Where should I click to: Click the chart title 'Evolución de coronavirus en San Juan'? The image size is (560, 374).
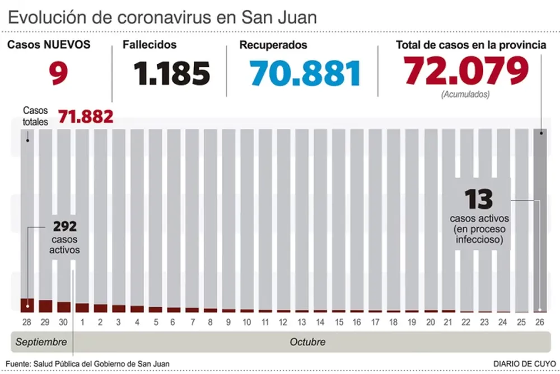tap(162, 17)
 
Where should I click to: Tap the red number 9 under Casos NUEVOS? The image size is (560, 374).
tap(58, 73)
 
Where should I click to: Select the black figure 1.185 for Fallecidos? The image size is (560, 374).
tap(172, 73)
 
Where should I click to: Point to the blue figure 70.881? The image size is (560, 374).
tap(305, 73)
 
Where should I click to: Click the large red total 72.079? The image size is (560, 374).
tap(466, 71)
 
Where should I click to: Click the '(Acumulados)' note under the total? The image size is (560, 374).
tap(465, 95)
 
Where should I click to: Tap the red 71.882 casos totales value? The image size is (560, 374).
tap(86, 116)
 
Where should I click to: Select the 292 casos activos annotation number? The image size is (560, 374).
tap(64, 227)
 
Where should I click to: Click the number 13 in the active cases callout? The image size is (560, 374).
tap(478, 199)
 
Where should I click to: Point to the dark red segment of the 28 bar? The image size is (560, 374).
tap(27, 305)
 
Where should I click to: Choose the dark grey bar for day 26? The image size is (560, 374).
tap(540, 218)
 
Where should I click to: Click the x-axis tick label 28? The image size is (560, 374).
tap(27, 322)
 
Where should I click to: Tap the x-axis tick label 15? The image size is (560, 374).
tap(338, 322)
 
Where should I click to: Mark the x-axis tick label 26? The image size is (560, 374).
tap(540, 322)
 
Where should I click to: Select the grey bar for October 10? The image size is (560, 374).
tap(246, 218)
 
